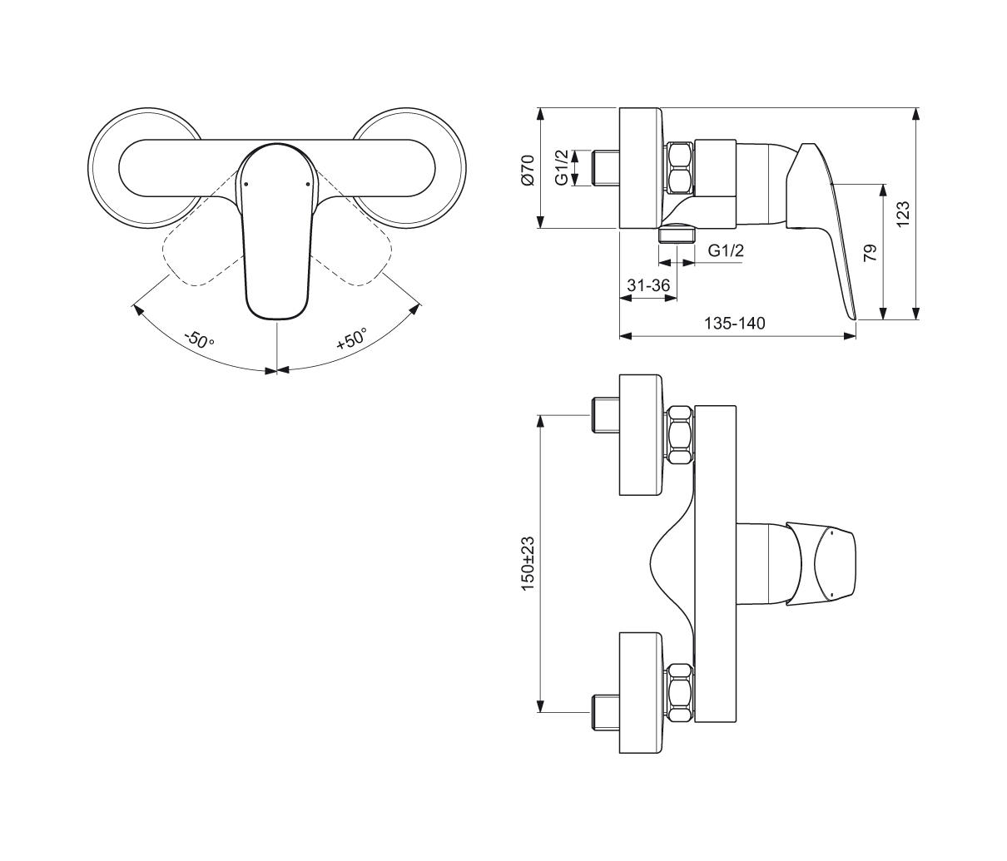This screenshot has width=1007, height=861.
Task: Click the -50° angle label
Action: point(201,339)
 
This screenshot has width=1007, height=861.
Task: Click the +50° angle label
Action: point(351,339)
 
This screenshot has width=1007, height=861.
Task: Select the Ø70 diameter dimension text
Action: point(527,169)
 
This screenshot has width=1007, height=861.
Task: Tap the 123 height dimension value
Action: point(904,213)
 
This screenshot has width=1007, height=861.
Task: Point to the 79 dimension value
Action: point(871,253)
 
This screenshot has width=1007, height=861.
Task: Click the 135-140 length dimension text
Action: point(737,323)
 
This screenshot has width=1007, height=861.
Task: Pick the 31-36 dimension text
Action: point(648,285)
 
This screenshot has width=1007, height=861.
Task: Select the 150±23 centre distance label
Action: point(528,563)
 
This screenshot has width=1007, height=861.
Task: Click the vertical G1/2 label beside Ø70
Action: point(562,167)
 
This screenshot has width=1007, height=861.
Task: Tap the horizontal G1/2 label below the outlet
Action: point(726,250)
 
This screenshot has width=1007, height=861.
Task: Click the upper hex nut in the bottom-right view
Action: point(681,434)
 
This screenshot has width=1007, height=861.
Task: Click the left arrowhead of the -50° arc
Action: point(136,309)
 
